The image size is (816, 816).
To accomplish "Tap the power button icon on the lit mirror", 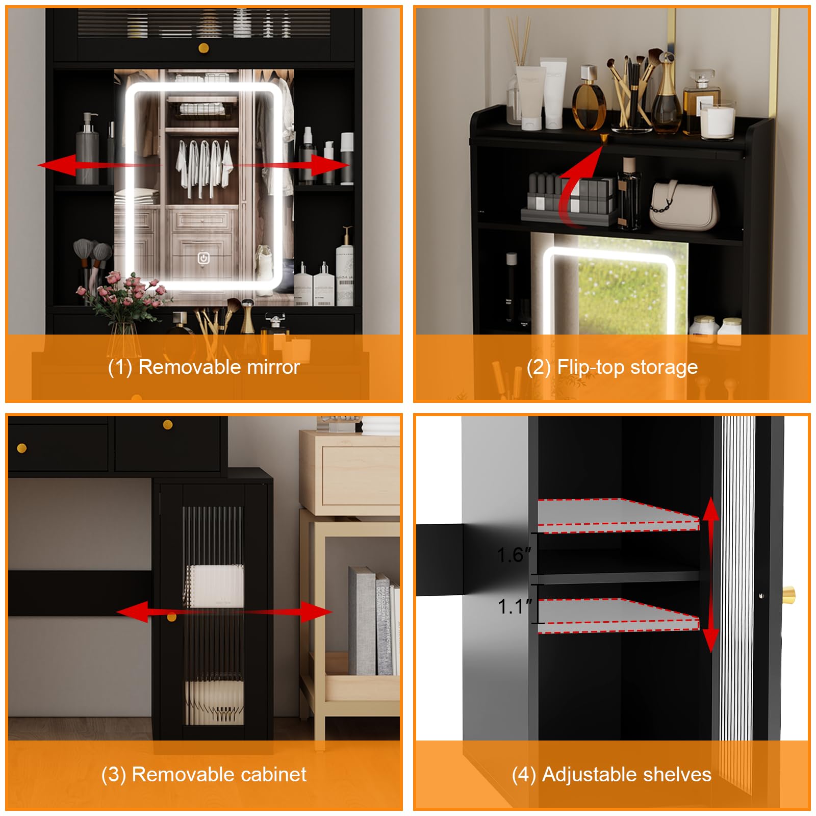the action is (203, 258).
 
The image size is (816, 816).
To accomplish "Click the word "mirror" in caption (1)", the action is (273, 367).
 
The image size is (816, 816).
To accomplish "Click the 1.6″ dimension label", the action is (514, 555).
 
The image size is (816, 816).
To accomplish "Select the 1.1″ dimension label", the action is (515, 606).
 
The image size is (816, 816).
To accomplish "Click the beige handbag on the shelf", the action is (684, 205).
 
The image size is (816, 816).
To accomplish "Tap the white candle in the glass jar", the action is (717, 120).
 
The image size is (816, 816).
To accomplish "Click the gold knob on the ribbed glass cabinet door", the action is (171, 618).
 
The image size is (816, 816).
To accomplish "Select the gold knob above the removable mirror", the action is (203, 48).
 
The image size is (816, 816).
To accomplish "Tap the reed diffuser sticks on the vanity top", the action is (519, 41).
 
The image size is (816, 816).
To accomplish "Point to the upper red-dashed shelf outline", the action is (618, 516).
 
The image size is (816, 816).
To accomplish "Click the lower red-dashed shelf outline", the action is (618, 616).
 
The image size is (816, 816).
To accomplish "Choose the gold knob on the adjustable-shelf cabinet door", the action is (788, 594).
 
